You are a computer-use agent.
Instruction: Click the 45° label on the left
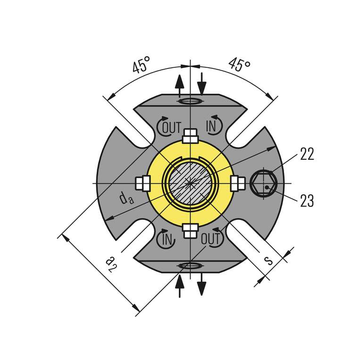[x=141, y=65]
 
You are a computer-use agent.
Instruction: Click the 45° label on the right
[x=239, y=65]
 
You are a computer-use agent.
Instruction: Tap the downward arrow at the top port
[x=202, y=83]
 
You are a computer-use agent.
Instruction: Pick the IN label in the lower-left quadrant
[x=167, y=239]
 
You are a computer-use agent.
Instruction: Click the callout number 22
[x=307, y=155]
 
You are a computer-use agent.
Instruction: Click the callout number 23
[x=307, y=201]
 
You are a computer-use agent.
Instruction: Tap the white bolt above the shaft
[x=190, y=135]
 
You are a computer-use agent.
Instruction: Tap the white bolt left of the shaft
[x=142, y=183]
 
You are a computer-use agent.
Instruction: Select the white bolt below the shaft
[x=190, y=230]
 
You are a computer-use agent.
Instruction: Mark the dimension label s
[x=268, y=260]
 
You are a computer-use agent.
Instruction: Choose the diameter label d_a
[x=126, y=198]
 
